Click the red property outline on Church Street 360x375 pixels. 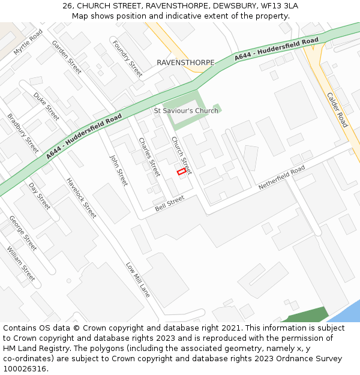[x=181, y=172]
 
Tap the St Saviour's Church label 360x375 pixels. [x=186, y=111]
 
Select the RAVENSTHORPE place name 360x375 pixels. [x=181, y=62]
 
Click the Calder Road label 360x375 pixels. [x=337, y=109]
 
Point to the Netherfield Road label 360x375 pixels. [x=281, y=178]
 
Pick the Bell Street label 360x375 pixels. [x=169, y=203]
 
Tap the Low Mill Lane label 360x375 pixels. [x=137, y=280]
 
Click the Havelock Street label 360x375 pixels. [x=81, y=197]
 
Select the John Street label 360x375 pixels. [x=119, y=170]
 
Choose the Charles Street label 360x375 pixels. [x=149, y=157]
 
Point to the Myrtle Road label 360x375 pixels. [x=28, y=42]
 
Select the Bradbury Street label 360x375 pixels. [x=23, y=133]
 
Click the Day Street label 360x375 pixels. [x=40, y=196]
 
